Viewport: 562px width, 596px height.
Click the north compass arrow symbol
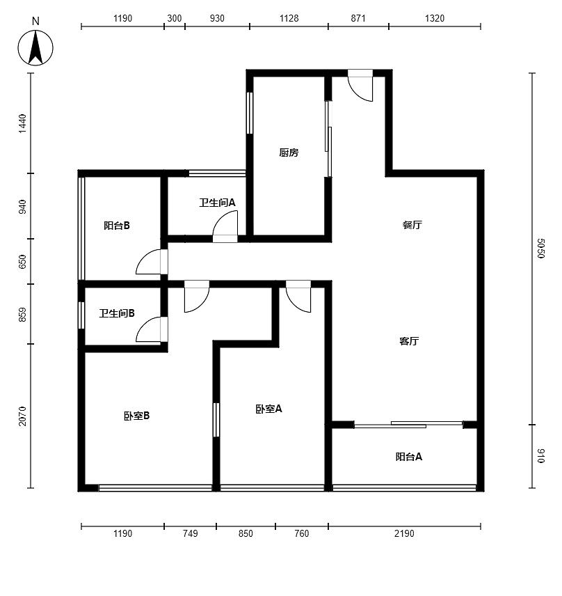pos(35,48)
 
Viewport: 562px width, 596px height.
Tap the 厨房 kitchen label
pos(289,152)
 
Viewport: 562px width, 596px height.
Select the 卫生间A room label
pos(217,203)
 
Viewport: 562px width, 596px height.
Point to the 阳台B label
pos(117,226)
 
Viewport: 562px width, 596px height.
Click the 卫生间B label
pos(117,313)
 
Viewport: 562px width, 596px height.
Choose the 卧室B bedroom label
pos(136,416)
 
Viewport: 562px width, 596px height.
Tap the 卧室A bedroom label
pos(268,409)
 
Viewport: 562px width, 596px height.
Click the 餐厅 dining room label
pos(412,225)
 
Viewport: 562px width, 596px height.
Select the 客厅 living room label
pos(409,341)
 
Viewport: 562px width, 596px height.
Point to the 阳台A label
pos(408,457)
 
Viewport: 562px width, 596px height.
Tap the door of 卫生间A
pos(225,226)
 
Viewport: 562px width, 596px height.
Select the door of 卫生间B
pos(152,329)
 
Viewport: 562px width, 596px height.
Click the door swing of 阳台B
pos(152,262)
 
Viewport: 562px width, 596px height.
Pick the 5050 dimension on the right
pos(541,248)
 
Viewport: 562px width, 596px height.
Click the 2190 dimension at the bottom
pos(404,533)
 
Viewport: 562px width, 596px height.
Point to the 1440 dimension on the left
pos(23,123)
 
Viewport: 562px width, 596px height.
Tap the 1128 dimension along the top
pos(289,18)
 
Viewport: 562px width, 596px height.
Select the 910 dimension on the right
pos(541,456)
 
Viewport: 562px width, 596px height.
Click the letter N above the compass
pos(35,22)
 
